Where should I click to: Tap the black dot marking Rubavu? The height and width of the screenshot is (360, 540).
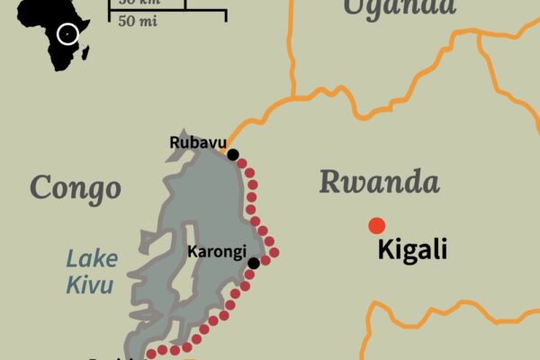click(233, 155)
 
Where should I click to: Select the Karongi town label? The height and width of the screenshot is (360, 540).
click(216, 253)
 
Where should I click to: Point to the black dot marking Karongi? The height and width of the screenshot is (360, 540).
click(254, 263)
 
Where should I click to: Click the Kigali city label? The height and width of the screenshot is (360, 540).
click(412, 249)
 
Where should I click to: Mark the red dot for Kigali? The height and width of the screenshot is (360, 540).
click(377, 225)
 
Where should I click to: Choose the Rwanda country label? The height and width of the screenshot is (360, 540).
click(379, 183)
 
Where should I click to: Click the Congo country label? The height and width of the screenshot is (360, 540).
click(75, 187)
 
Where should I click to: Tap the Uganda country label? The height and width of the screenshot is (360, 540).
click(400, 7)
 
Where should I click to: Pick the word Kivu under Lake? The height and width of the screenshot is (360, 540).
click(89, 286)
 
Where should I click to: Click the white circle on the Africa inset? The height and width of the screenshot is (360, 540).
click(67, 34)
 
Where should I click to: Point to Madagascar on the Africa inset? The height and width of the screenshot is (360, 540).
click(85, 54)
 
